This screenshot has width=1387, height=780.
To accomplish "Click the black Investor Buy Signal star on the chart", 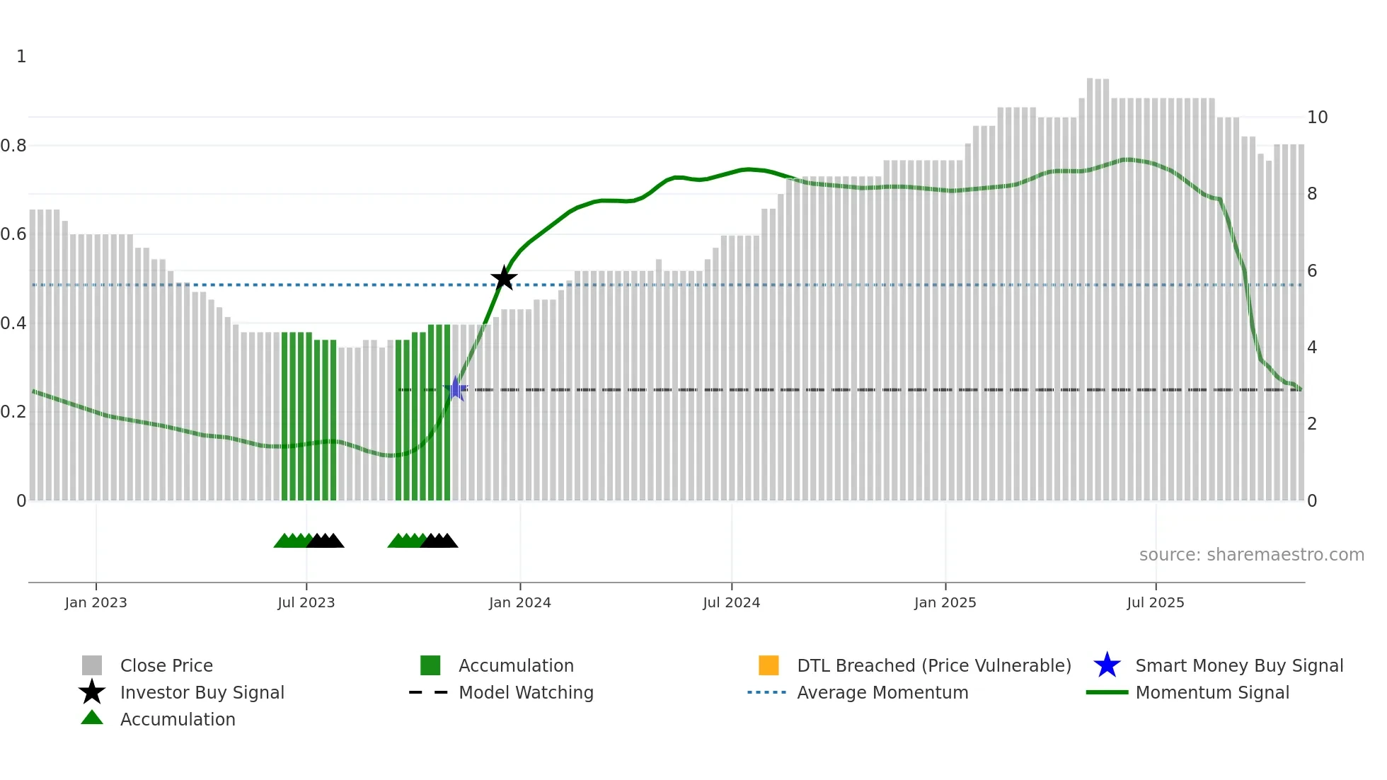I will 504,278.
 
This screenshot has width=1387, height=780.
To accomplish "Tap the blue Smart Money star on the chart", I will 456,389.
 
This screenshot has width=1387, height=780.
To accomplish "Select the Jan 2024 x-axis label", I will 519,602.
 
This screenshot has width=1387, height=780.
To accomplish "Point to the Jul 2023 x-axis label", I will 306,602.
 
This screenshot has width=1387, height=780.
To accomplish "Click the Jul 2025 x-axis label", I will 1155,602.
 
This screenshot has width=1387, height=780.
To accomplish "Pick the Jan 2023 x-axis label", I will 96,602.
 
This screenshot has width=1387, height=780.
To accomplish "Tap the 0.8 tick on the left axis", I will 13,146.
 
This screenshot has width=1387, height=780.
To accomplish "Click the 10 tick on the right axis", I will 1317,117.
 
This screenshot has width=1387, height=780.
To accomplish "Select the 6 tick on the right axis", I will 1312,271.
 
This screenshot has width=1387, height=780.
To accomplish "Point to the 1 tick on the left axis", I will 21,57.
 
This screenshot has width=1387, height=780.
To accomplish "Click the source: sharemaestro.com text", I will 1251,555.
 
